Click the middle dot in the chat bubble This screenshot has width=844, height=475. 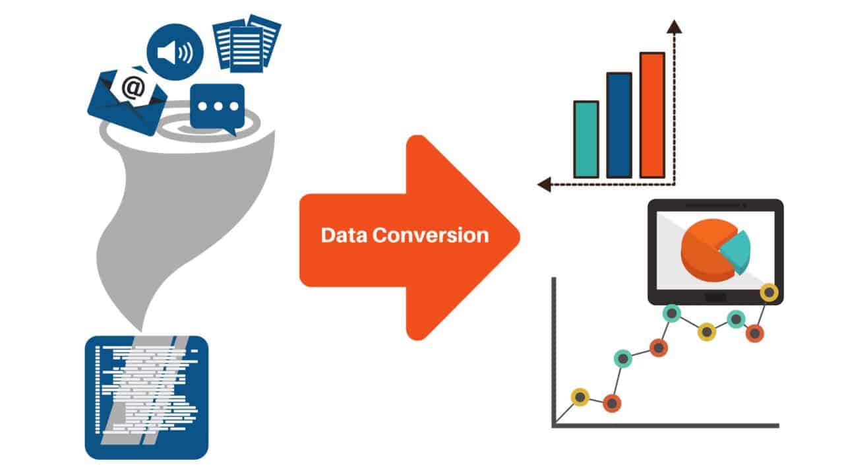(x=218, y=106)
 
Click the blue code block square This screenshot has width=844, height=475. (x=146, y=397)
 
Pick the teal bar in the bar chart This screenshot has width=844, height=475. (x=586, y=139)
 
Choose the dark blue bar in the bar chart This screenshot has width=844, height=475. (x=618, y=125)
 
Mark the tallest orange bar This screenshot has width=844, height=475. (x=651, y=115)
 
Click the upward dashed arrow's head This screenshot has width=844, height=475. (x=674, y=26)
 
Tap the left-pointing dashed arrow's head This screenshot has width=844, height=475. (x=544, y=185)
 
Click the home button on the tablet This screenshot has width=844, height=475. (x=715, y=298)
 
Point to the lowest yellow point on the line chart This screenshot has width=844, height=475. (x=580, y=396)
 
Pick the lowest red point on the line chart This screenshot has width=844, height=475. (x=612, y=402)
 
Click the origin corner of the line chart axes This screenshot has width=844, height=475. (x=555, y=425)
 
